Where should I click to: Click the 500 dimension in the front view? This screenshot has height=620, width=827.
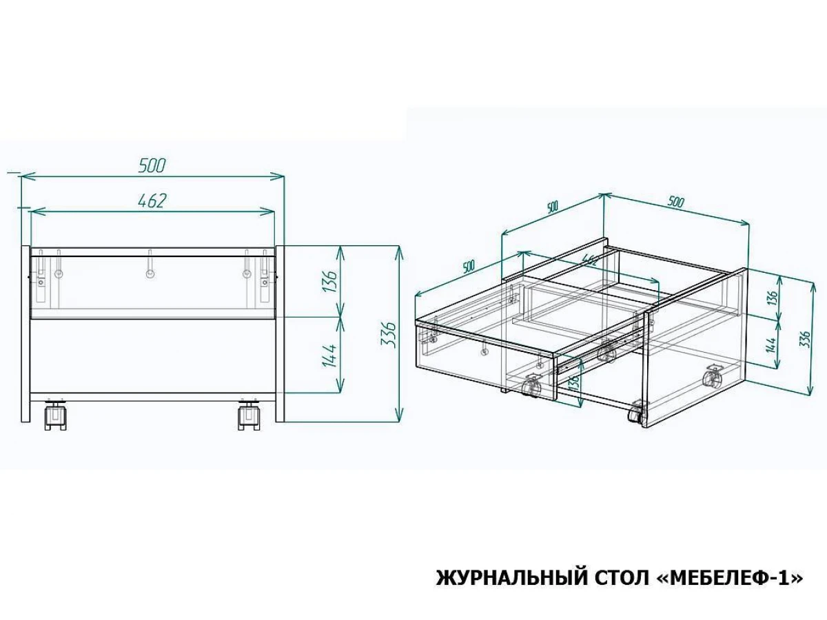(152, 165)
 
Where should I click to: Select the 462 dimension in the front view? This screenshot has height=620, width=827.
(152, 201)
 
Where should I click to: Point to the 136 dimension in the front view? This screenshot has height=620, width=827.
(329, 281)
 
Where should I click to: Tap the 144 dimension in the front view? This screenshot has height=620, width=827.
(329, 355)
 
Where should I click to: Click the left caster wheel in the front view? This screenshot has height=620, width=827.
(56, 416)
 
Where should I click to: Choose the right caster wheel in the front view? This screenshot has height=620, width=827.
(249, 416)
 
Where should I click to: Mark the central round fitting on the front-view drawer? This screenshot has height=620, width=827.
(150, 274)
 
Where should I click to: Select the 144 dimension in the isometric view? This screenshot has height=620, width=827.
(771, 344)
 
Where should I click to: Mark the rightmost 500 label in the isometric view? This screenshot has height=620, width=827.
(675, 202)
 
